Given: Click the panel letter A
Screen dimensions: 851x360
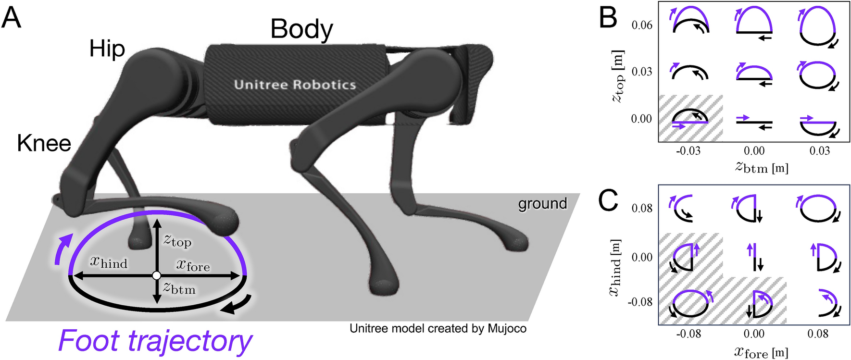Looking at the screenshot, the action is (x=12, y=19).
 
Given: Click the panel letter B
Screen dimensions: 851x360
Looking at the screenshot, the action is (x=608, y=19).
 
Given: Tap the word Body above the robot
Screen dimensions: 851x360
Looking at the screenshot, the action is (x=301, y=29).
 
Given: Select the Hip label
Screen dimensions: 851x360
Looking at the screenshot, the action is (x=107, y=49).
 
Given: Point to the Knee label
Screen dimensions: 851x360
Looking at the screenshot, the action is (x=44, y=143).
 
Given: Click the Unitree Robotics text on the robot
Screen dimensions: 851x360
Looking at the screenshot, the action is (x=295, y=85).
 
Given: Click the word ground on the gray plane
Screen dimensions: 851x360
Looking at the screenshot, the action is (x=542, y=204).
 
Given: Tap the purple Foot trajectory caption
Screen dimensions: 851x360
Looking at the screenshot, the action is (x=155, y=341).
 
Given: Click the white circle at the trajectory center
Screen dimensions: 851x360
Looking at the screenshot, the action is (x=156, y=275).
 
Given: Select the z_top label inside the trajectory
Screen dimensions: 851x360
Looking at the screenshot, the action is (x=177, y=240).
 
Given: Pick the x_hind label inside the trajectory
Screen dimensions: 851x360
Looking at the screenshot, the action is (x=109, y=262).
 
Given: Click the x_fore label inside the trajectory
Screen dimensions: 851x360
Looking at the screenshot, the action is (x=193, y=265).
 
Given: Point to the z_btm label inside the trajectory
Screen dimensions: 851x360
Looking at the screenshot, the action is (x=179, y=288).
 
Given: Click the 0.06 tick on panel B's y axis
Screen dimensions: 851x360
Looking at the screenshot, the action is (x=642, y=25).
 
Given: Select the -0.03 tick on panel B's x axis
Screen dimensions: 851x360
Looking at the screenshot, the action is (x=688, y=151).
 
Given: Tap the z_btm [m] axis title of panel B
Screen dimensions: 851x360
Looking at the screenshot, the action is (x=762, y=168).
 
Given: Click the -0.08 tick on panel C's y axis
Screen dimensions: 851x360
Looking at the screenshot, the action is (x=640, y=302).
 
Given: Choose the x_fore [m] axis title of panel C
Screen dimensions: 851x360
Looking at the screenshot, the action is (x=762, y=352).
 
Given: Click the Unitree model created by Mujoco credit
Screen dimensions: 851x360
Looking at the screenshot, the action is (x=438, y=329).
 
